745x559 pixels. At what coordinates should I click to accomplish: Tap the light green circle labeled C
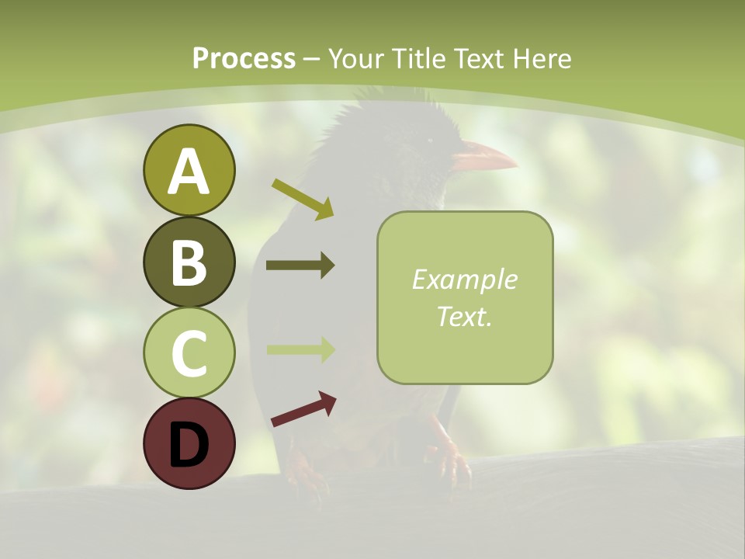(x=189, y=352)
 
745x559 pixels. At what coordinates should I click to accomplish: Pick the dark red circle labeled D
(x=189, y=443)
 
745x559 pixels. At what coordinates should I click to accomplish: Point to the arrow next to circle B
(x=300, y=266)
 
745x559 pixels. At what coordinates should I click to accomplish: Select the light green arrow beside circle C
(x=300, y=349)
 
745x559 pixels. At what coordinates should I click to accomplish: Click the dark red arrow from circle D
(x=303, y=409)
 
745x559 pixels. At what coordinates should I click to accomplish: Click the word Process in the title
(x=244, y=59)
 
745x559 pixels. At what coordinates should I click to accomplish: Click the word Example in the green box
(x=464, y=279)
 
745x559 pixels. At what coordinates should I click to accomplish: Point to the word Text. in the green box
(x=464, y=316)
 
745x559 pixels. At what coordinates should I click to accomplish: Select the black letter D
(x=189, y=444)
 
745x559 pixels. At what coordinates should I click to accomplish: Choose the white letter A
(x=189, y=171)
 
